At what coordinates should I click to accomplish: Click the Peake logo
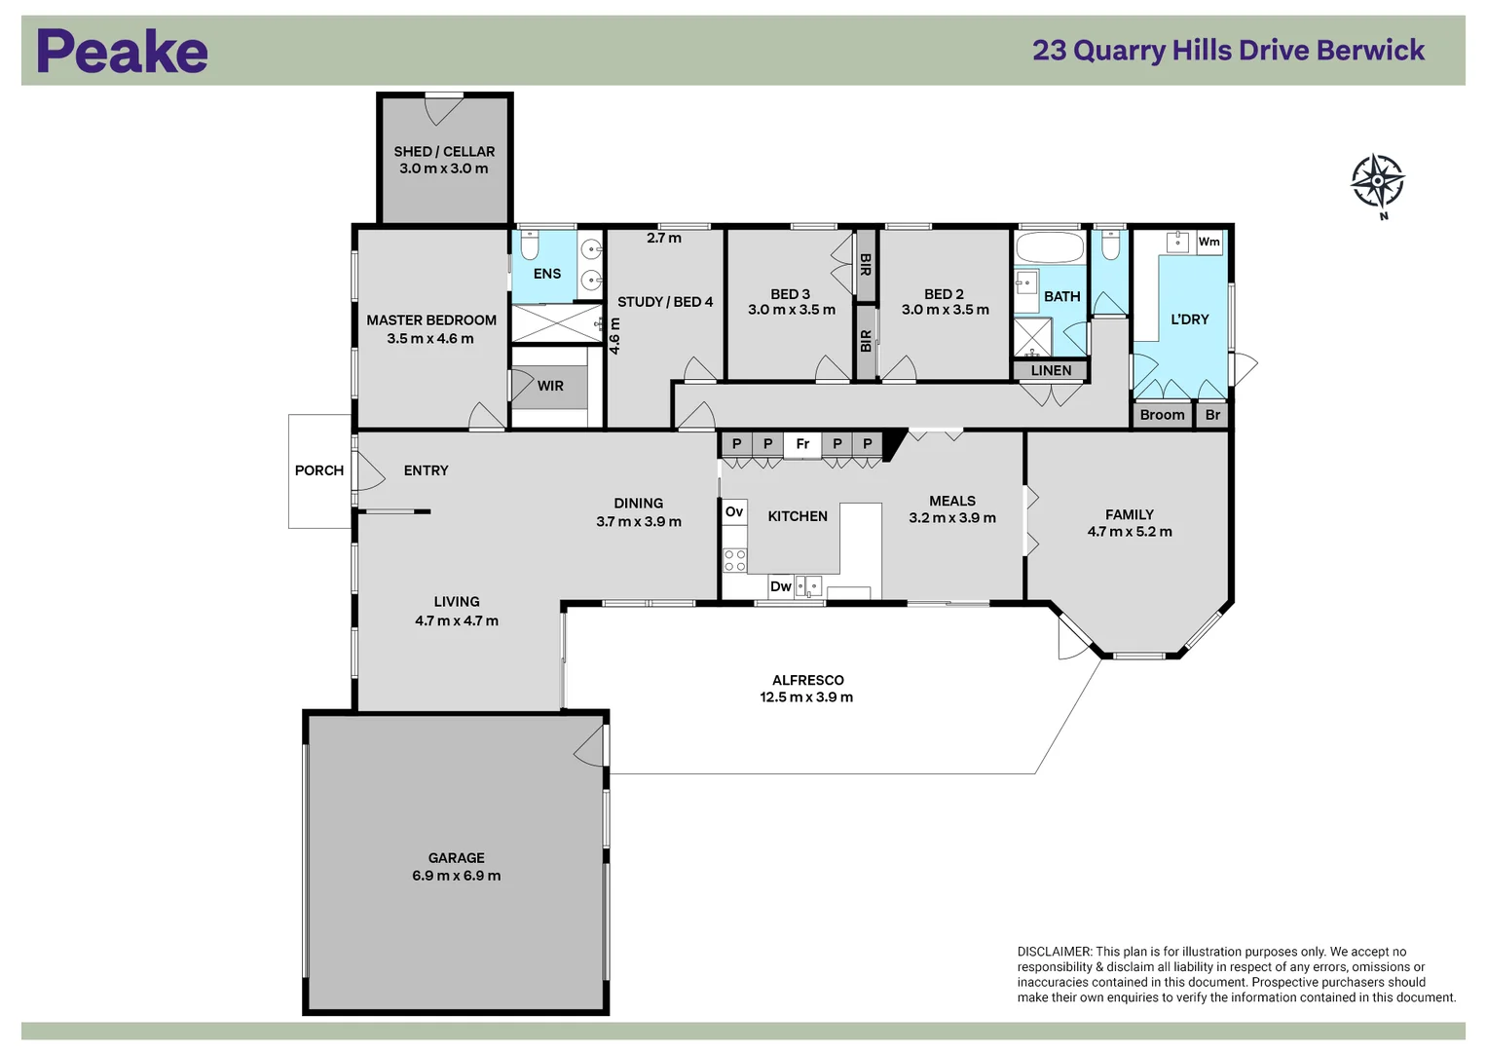(122, 52)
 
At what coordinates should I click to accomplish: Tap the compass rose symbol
(1377, 181)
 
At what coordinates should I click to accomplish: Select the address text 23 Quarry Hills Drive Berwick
(1228, 51)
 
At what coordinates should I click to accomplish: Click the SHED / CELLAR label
(444, 152)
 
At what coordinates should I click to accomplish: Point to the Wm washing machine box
(1208, 243)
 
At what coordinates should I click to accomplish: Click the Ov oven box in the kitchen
(734, 512)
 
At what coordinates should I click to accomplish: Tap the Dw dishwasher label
(781, 586)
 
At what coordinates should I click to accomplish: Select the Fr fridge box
(802, 444)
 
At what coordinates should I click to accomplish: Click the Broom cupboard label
(1162, 415)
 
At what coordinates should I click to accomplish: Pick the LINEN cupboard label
(1051, 370)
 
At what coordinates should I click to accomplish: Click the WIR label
(550, 386)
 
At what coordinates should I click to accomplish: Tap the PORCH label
(319, 470)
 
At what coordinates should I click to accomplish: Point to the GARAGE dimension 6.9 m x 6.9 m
(456, 876)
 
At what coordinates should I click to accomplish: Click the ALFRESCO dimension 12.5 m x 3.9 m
(806, 697)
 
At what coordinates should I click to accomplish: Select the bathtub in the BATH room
(1050, 247)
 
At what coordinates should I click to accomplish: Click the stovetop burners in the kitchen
(734, 560)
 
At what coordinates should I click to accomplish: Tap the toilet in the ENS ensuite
(530, 244)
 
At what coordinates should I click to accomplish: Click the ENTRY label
(426, 470)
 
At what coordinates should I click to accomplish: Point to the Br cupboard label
(1212, 415)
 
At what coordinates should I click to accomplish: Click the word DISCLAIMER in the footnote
(1055, 952)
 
